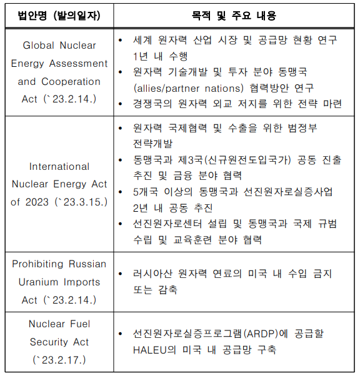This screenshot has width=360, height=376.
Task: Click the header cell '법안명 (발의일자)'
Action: pos(59,15)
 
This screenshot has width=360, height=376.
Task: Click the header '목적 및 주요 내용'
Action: pos(234,15)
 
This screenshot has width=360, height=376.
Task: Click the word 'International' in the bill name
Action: pos(59,167)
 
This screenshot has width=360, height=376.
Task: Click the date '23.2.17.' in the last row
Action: pos(60,360)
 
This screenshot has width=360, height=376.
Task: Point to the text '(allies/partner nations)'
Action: pos(187,88)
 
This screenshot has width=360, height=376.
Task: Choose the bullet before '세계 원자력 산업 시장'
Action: pos(121,40)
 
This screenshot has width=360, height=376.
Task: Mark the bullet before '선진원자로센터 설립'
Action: pos(121,223)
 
